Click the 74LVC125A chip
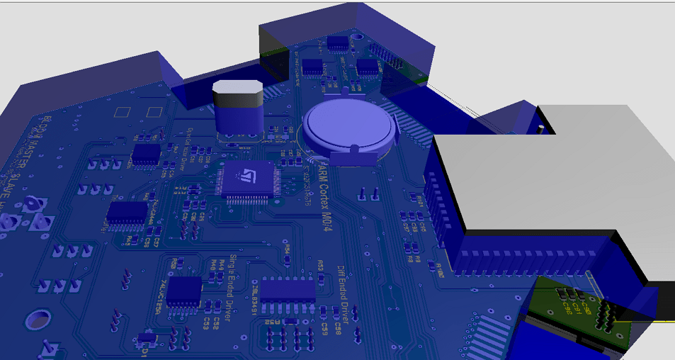click(x=184, y=292)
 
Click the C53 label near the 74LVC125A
click(x=210, y=323)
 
